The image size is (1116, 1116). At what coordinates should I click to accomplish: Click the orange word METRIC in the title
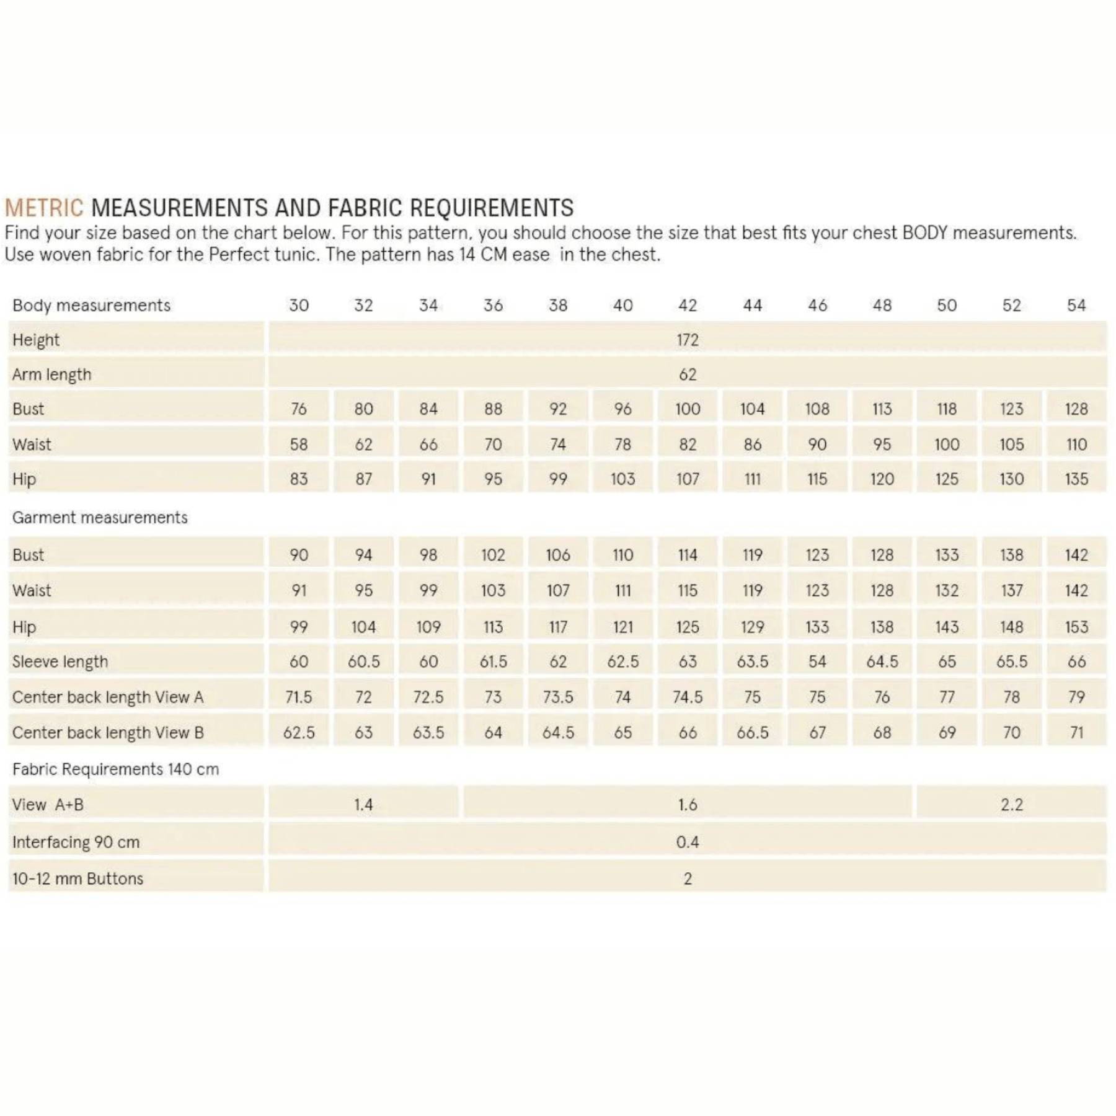pos(43,208)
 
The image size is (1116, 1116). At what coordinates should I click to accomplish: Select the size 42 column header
pos(687,305)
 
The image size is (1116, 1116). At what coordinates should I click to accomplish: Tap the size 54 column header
pos(1076,305)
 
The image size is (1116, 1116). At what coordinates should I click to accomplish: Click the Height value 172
pos(687,340)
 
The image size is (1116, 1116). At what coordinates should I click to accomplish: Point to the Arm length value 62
pos(687,374)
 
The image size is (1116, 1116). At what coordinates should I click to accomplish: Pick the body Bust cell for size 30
pos(299,409)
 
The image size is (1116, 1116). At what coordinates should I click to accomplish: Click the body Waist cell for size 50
pos(947,445)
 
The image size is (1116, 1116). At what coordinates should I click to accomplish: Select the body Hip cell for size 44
pos(752,479)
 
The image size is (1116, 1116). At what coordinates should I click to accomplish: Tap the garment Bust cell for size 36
pos(493,555)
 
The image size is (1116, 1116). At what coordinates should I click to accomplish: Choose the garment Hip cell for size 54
pos(1076,627)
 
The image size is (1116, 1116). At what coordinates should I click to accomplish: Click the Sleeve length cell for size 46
pos(817,662)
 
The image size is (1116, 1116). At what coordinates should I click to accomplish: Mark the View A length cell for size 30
pos(299,697)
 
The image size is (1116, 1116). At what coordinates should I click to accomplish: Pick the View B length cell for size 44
pos(752,733)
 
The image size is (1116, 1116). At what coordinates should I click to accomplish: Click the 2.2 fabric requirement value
pos(1011,805)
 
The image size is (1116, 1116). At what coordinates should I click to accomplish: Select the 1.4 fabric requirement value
pos(363,805)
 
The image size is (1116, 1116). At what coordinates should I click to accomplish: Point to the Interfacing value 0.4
pos(687,842)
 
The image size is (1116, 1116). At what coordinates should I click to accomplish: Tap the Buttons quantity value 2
pos(687,879)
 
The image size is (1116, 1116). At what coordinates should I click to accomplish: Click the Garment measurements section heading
pos(100,518)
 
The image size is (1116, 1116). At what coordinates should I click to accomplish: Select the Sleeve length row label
pos(60,662)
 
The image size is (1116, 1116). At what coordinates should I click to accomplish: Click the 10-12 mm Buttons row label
pos(77,879)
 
